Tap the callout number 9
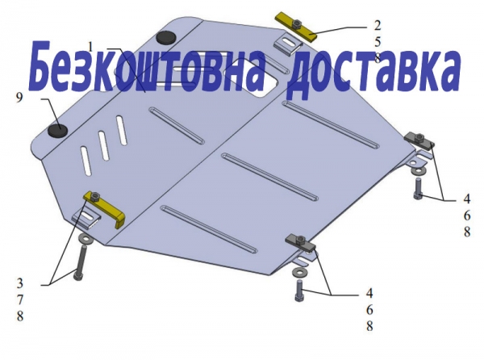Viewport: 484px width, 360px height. coord(19,98)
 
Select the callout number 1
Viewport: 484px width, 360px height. coord(90,48)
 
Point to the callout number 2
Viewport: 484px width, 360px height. coord(378,25)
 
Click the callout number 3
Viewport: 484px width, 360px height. coord(19,283)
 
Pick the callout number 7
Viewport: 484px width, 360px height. coord(19,299)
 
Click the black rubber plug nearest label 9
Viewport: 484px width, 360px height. coord(58,131)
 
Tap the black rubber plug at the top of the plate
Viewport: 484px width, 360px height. coord(166,37)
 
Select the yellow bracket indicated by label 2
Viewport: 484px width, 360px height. coord(296,27)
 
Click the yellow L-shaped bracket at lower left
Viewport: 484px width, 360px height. coord(104,208)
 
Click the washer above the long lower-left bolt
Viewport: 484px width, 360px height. coord(84,239)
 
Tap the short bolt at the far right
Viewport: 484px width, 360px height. coord(418,189)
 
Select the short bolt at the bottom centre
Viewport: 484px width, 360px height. coord(300,291)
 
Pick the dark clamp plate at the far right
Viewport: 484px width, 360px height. coord(419,139)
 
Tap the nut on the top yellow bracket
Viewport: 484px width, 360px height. coord(297,24)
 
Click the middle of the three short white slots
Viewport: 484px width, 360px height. coord(104,145)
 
